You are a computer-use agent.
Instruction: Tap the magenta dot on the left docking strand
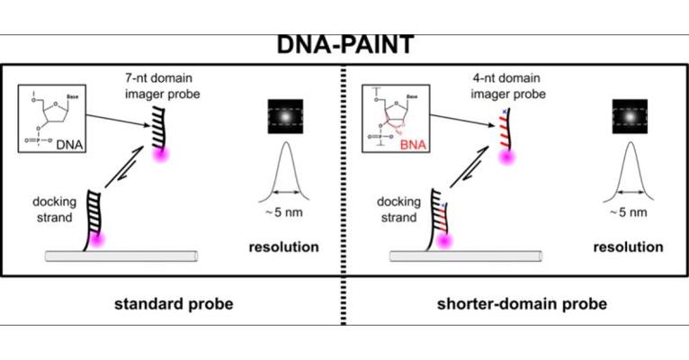click(x=96, y=240)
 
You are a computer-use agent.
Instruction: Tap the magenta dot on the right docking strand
click(x=442, y=240)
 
